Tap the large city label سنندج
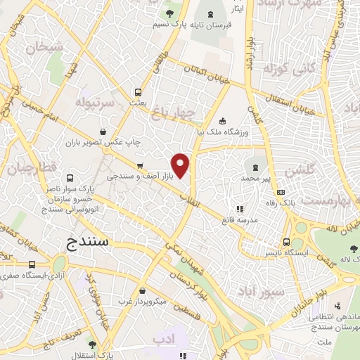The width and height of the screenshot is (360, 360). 91,244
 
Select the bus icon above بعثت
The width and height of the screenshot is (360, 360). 138,91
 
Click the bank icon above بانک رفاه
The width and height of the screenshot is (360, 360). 281,192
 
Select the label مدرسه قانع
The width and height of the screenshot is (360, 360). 239,220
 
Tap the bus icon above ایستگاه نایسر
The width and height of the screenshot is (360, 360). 286,239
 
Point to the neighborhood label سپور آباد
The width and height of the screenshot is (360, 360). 260,290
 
